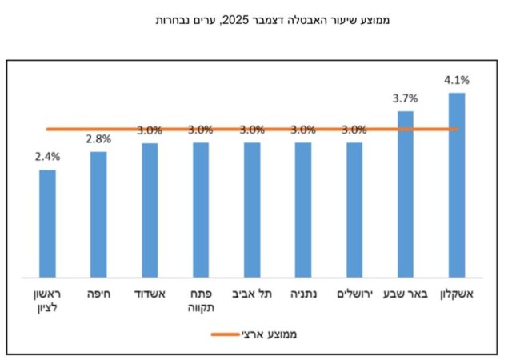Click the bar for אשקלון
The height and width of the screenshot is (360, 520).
click(457, 184)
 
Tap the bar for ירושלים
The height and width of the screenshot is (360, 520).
click(354, 209)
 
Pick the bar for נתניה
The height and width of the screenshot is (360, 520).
click(303, 209)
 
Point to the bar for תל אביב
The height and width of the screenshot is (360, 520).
click(252, 209)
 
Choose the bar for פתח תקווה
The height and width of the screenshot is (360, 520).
click(201, 209)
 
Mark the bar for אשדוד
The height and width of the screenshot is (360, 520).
click(150, 209)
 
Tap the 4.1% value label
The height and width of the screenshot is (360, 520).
click(457, 80)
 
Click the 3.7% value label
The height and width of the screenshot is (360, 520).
click(406, 98)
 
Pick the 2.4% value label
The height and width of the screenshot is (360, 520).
click(47, 157)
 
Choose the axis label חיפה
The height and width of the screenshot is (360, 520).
click(98, 294)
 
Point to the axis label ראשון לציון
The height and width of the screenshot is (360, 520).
click(48, 300)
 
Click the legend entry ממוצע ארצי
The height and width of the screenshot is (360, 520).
click(267, 334)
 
